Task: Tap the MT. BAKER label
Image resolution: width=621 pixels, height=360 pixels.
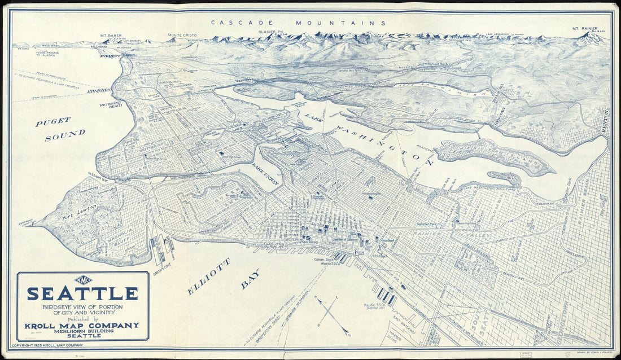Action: click(111, 35)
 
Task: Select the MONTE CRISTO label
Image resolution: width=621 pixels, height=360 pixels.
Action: click(182, 36)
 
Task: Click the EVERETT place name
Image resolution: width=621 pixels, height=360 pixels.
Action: click(110, 56)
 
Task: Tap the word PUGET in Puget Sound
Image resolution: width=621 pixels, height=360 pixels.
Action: click(53, 121)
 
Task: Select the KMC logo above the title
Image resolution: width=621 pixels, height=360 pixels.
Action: click(83, 279)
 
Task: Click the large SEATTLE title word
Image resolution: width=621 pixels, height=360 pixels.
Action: click(82, 294)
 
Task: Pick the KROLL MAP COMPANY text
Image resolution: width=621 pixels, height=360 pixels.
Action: click(82, 325)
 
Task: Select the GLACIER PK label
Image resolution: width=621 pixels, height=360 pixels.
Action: click(271, 33)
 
